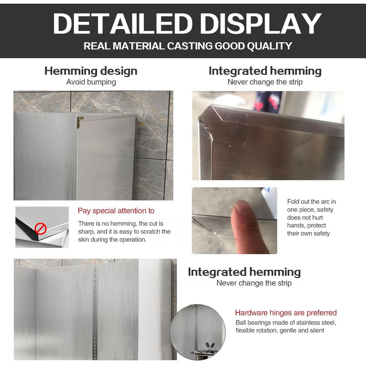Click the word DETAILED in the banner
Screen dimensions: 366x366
point(123,24)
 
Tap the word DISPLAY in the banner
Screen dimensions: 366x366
point(261,24)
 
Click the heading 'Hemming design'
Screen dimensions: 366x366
point(91,71)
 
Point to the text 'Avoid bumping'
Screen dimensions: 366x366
point(91,82)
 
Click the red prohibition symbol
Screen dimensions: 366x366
point(40,228)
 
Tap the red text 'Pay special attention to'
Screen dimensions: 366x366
point(116,211)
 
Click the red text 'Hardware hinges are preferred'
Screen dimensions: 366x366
point(285,313)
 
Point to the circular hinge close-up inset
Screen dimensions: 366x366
point(198,332)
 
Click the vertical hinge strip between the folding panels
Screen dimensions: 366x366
point(95,311)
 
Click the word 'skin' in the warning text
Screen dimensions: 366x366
point(84,239)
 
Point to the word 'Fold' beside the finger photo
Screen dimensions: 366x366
point(293,201)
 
